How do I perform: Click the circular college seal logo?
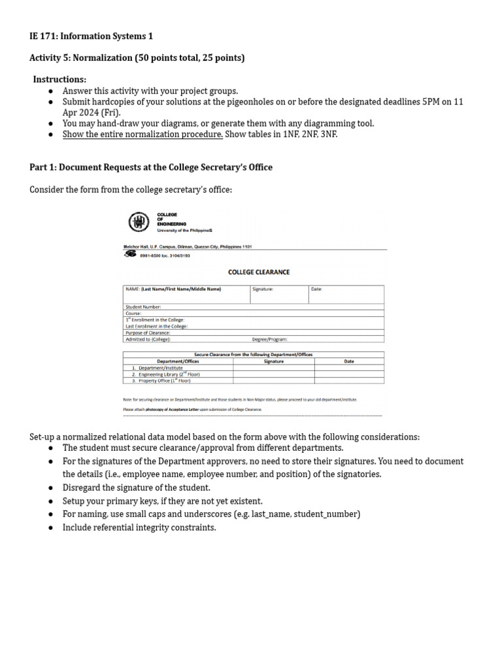[x=139, y=223]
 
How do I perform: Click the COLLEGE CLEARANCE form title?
[x=258, y=272]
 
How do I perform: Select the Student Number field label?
[x=142, y=306]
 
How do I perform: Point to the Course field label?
[x=133, y=313]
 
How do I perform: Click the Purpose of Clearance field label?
[x=147, y=333]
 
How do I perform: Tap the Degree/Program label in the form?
[x=269, y=339]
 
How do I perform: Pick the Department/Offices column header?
[x=178, y=361]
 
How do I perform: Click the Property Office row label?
[x=161, y=380]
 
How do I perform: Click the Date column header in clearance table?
[x=349, y=361]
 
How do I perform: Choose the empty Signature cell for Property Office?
[x=273, y=380]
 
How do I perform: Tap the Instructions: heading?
[x=60, y=79]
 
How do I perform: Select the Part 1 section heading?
[x=151, y=167]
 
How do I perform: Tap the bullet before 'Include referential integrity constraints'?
[x=50, y=527]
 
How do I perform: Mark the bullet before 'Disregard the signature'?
[x=50, y=488]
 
